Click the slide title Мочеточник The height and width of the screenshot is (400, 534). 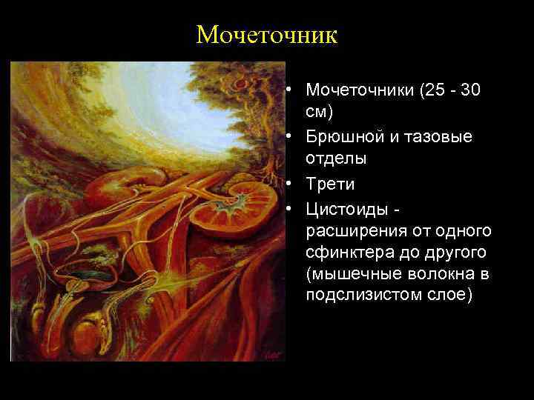(x=266, y=35)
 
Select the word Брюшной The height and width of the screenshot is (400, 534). (x=339, y=137)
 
